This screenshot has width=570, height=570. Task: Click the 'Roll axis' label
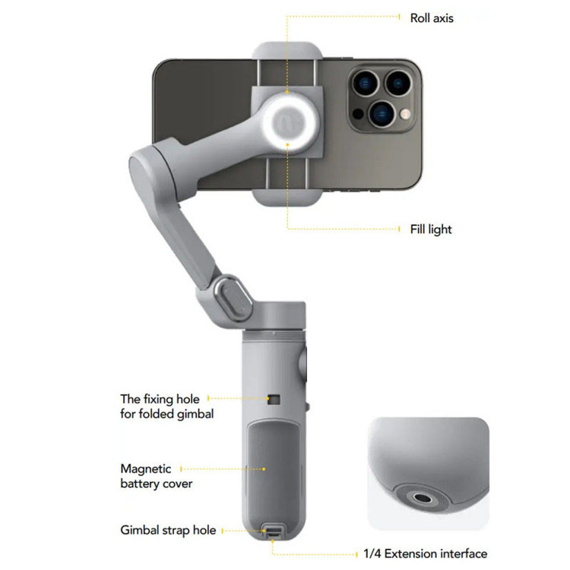[x=432, y=17]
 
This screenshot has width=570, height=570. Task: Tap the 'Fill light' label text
[x=430, y=229]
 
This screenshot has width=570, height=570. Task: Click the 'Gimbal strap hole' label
[x=168, y=530]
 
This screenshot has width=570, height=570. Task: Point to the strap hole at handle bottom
[x=271, y=531]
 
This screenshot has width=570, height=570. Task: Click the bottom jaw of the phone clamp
[x=287, y=194]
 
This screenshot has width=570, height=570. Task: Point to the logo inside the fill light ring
[x=287, y=122]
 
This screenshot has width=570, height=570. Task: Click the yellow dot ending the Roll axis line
[x=401, y=16]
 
